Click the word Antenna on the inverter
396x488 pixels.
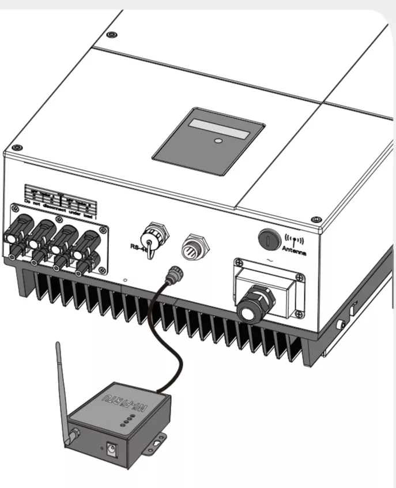point(295,252)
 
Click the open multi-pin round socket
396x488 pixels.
point(193,247)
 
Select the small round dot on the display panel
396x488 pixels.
point(218,140)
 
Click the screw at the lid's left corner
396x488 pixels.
point(17,147)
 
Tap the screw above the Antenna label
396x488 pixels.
point(315,220)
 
